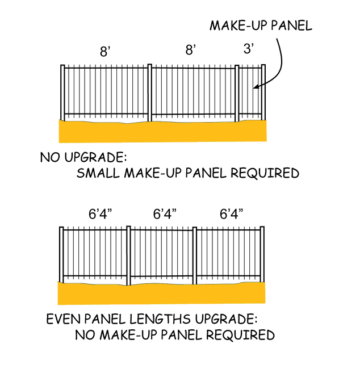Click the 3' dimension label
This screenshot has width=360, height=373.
click(249, 49)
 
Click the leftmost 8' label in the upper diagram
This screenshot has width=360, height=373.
click(105, 52)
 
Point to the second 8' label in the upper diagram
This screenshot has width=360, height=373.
click(191, 50)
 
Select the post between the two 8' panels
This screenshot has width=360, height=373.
click(150, 93)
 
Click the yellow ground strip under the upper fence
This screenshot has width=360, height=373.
click(162, 132)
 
